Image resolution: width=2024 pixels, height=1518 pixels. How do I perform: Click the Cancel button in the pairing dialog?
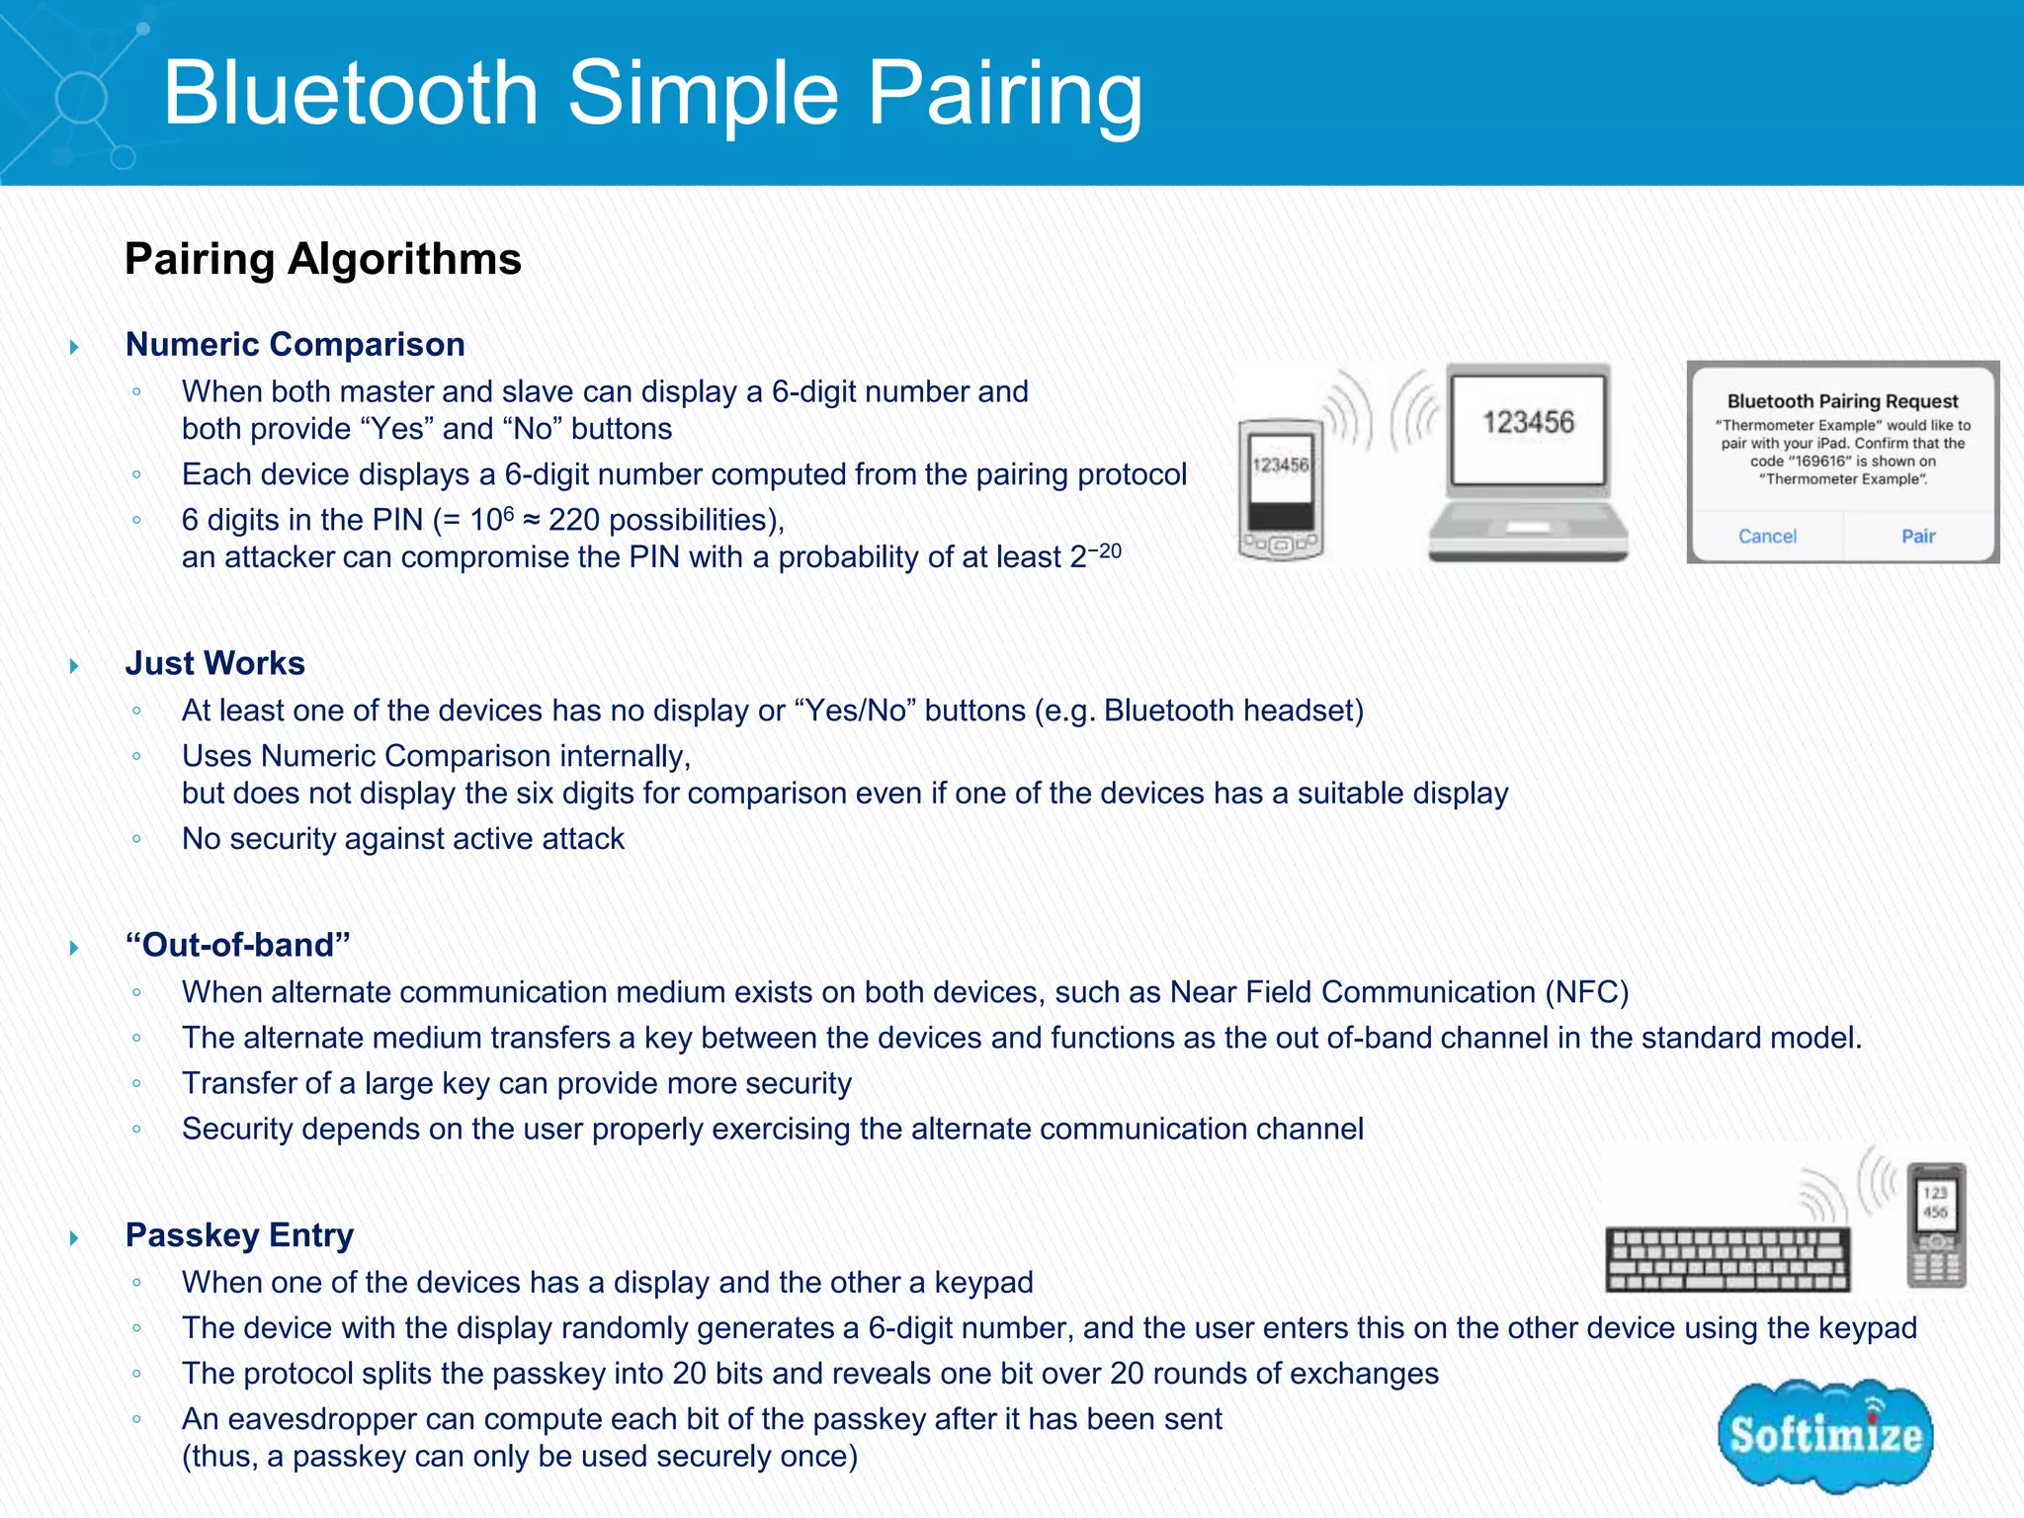[x=1767, y=536]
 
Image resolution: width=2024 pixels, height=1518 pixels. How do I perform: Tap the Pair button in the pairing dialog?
[x=1917, y=536]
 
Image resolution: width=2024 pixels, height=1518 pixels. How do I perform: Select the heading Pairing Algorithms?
[x=322, y=259]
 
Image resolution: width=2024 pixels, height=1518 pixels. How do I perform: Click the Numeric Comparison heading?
[x=295, y=344]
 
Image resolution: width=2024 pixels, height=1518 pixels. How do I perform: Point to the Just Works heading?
[x=214, y=663]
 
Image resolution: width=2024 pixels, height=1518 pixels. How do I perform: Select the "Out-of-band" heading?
[x=237, y=945]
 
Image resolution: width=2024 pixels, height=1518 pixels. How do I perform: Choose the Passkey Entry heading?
[x=239, y=1235]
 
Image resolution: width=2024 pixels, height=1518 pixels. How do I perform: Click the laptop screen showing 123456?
[x=1528, y=425]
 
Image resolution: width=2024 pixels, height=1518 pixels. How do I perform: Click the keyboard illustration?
[x=1728, y=1259]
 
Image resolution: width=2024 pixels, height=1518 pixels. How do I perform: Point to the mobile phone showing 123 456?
[x=1936, y=1225]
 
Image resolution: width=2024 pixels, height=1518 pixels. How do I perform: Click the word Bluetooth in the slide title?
[x=351, y=93]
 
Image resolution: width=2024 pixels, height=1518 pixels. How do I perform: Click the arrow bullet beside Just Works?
[x=74, y=665]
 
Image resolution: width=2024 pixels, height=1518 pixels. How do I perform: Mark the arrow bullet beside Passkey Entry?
[x=74, y=1237]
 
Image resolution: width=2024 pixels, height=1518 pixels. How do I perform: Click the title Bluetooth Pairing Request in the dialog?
[x=1842, y=401]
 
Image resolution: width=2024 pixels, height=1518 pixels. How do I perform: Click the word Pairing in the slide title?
[x=1004, y=93]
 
